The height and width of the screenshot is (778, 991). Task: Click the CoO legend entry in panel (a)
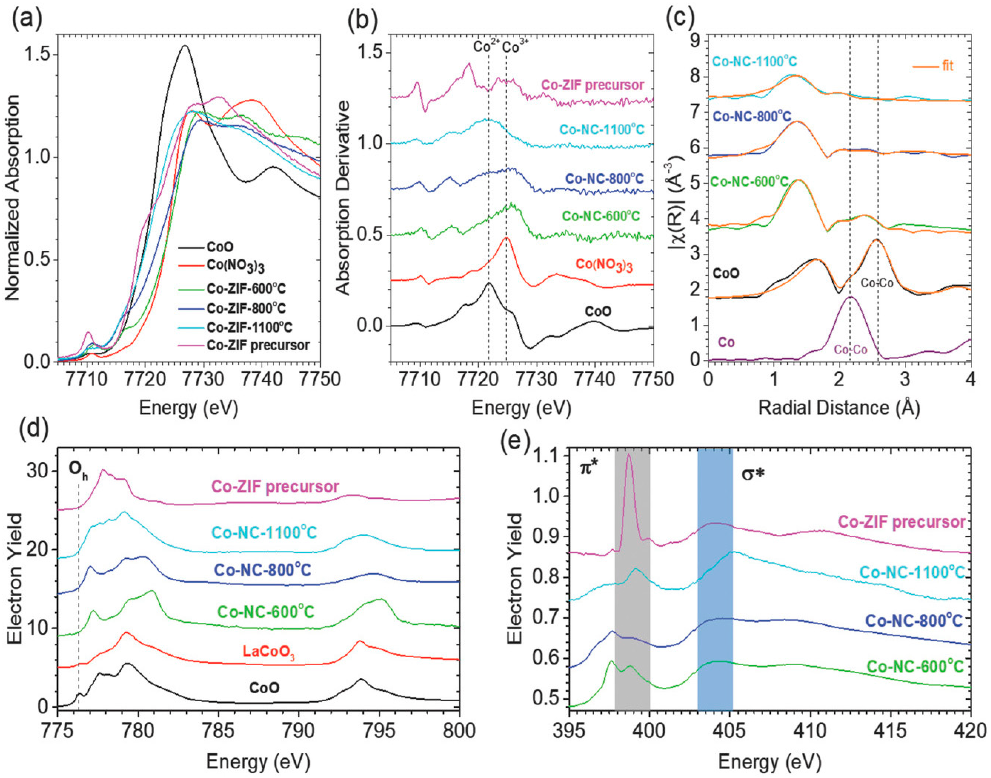pyautogui.click(x=220, y=247)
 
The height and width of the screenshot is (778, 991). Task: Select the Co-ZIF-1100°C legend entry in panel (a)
pyautogui.click(x=249, y=328)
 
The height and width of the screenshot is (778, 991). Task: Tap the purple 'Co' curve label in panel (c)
pyautogui.click(x=726, y=342)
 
